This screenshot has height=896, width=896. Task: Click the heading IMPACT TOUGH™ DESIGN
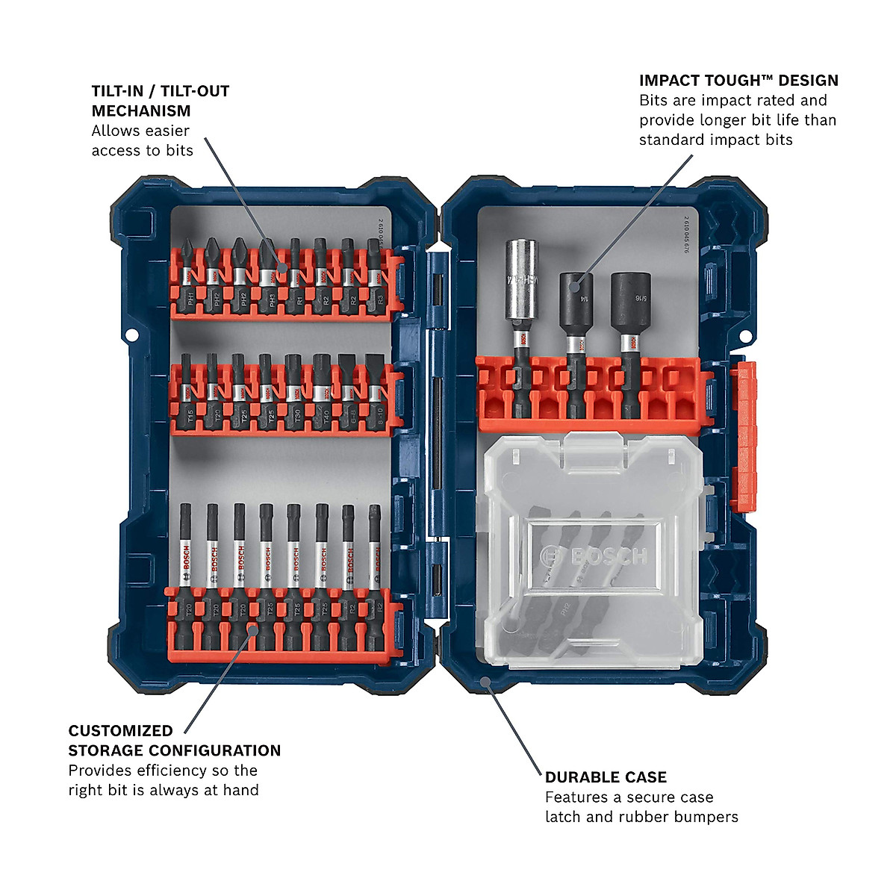click(738, 81)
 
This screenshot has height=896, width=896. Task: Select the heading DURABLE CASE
click(606, 777)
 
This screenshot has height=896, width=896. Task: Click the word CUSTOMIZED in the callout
click(120, 731)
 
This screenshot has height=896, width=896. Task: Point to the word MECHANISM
click(141, 111)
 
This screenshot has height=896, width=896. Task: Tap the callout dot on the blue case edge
click(484, 680)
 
